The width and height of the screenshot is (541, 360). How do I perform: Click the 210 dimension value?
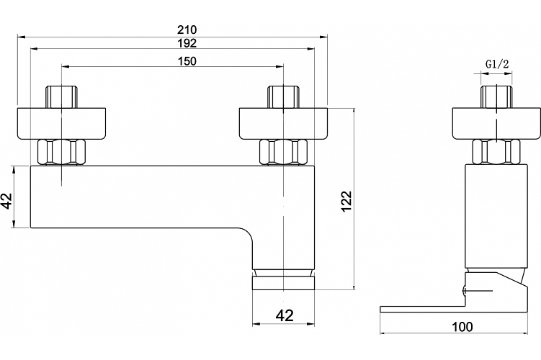(x=187, y=30)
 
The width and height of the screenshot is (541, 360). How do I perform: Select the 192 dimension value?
(x=187, y=43)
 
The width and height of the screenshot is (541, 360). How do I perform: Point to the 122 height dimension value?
(x=346, y=202)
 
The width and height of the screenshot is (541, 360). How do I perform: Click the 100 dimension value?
(x=462, y=327)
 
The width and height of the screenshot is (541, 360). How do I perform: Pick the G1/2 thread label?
(x=497, y=64)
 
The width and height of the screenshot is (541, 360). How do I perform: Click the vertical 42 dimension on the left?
(x=7, y=201)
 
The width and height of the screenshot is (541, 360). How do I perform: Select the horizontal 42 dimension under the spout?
(x=285, y=315)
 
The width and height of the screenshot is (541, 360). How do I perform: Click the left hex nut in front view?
(x=61, y=152)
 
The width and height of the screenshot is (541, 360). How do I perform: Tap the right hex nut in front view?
(x=283, y=152)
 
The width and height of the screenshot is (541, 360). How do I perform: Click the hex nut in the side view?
(x=496, y=152)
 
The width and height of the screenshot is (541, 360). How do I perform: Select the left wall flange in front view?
(x=61, y=124)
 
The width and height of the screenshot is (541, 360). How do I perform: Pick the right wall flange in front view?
(x=283, y=124)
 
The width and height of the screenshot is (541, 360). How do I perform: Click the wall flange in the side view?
(x=496, y=124)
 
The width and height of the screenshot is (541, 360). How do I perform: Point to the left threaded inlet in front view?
(x=62, y=97)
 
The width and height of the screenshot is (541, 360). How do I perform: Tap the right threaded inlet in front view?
(x=283, y=97)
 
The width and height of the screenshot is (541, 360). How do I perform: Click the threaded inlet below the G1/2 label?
(x=496, y=97)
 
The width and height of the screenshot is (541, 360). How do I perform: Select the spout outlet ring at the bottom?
(x=283, y=283)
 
